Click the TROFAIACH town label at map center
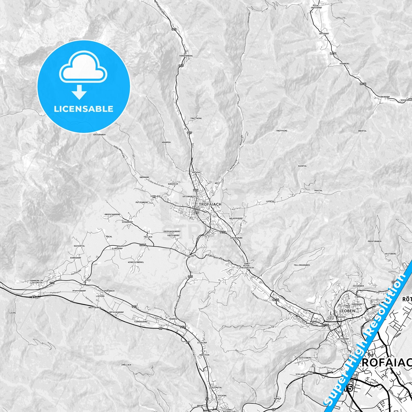[210, 204]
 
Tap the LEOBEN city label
[347, 311]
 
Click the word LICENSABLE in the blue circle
[84, 109]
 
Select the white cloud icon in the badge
[83, 67]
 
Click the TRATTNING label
[196, 118]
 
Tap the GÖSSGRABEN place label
[99, 135]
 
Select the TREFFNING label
[282, 131]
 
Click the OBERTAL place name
[362, 131]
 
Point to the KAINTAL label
[302, 166]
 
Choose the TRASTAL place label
[318, 190]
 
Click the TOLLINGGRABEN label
[302, 265]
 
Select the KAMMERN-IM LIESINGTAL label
[36, 282]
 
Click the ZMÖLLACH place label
[126, 365]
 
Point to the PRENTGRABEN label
[374, 241]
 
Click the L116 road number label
[143, 245]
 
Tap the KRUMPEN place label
[166, 142]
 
